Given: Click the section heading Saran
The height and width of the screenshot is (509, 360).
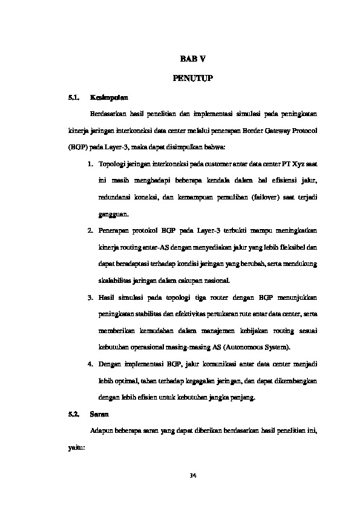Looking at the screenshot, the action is [x=99, y=415].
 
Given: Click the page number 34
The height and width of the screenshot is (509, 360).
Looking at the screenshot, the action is [x=193, y=476].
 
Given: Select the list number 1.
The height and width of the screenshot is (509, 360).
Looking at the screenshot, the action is [x=90, y=164].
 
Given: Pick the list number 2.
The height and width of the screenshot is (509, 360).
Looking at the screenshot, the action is [x=90, y=230].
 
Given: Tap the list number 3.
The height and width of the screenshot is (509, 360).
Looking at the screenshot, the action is [x=90, y=297].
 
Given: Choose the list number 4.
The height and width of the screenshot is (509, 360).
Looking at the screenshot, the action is [x=90, y=364].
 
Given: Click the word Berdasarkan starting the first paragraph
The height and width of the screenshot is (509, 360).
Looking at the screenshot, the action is [x=107, y=113].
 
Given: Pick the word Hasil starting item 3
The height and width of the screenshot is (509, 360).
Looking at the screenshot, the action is [x=106, y=297].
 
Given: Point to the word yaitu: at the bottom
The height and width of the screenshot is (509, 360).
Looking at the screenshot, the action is [x=77, y=448].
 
